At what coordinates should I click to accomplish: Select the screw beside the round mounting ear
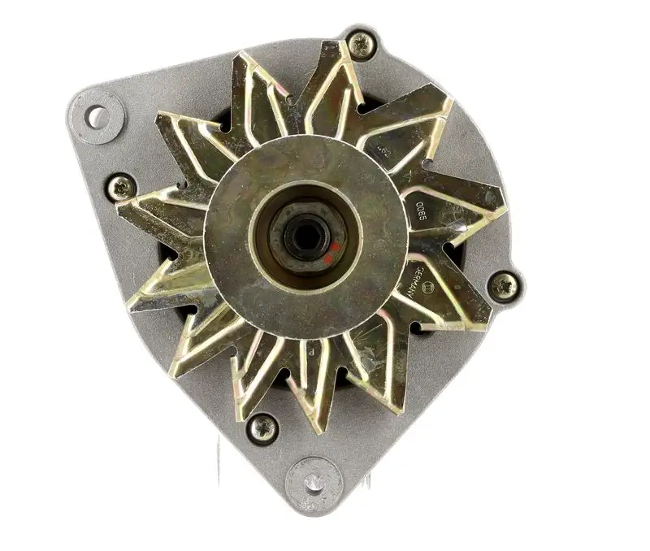(x=121, y=187)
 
